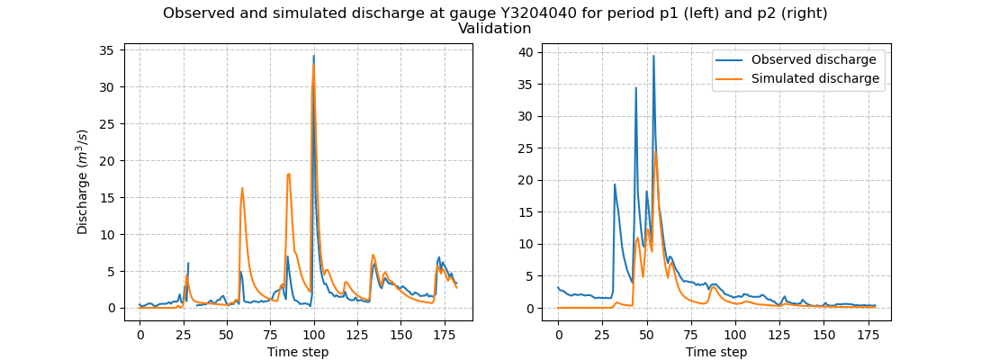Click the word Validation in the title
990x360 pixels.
494,29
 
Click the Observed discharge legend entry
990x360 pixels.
814,60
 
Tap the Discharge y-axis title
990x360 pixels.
83,182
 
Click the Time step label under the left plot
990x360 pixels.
298,352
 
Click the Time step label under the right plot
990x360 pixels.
716,352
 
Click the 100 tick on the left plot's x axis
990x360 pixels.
313,333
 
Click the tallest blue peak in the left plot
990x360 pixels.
313,56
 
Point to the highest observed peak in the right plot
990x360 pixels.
653,56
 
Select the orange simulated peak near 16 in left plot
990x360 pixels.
242,188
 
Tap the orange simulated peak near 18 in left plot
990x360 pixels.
289,174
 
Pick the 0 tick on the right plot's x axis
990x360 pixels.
558,333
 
